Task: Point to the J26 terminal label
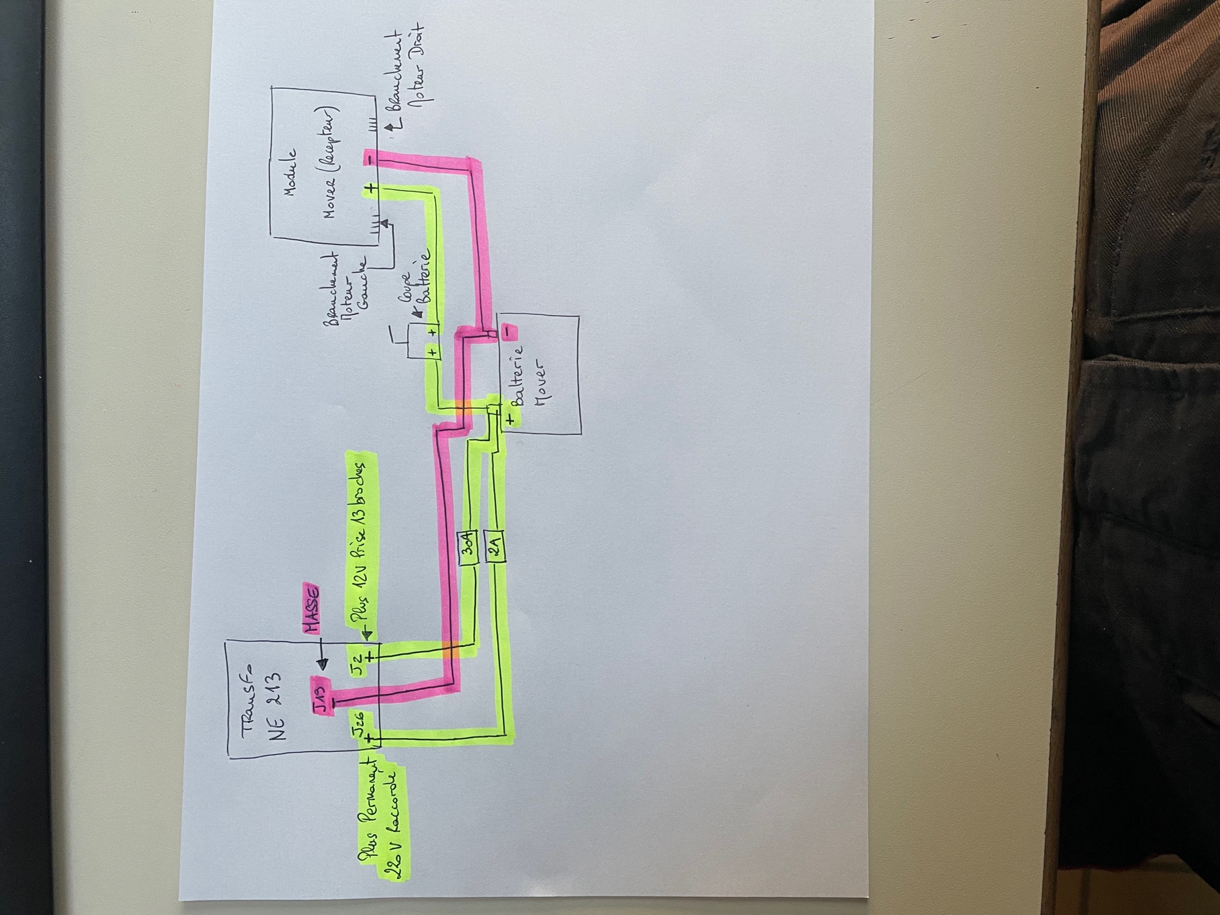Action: [358, 725]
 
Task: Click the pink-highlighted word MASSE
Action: [310, 611]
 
